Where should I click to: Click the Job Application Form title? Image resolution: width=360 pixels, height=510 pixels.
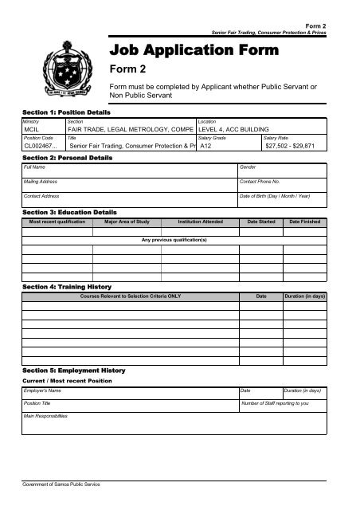coord(194,51)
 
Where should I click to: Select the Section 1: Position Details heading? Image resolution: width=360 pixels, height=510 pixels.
coord(66,113)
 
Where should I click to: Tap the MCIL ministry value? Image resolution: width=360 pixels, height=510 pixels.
coord(33,128)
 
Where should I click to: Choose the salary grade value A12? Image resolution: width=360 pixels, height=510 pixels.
coord(205,147)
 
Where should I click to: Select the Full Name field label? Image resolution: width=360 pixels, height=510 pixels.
coord(34,168)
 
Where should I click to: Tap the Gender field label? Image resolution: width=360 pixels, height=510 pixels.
coord(248,168)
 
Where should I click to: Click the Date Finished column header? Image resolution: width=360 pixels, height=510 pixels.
coord(304,222)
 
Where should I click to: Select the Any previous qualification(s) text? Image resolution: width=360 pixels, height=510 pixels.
coord(174,239)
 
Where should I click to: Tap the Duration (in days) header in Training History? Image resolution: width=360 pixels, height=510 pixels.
coord(304,296)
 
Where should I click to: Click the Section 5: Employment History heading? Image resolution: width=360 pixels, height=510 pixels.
coord(73,371)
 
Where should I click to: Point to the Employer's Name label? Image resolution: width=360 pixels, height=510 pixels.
coord(42,390)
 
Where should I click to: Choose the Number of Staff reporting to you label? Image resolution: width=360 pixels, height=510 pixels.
coord(274,404)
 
